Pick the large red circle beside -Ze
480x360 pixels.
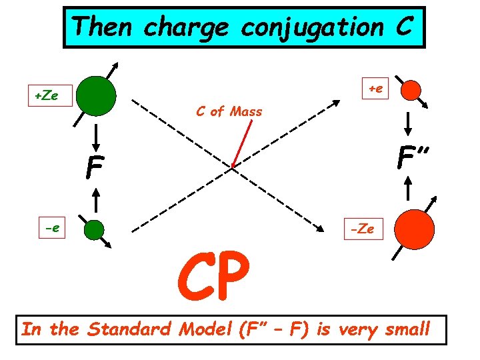[414, 229]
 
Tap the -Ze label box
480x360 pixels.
[363, 229]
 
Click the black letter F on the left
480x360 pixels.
[95, 169]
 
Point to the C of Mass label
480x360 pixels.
[229, 111]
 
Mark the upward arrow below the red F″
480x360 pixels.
[409, 190]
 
